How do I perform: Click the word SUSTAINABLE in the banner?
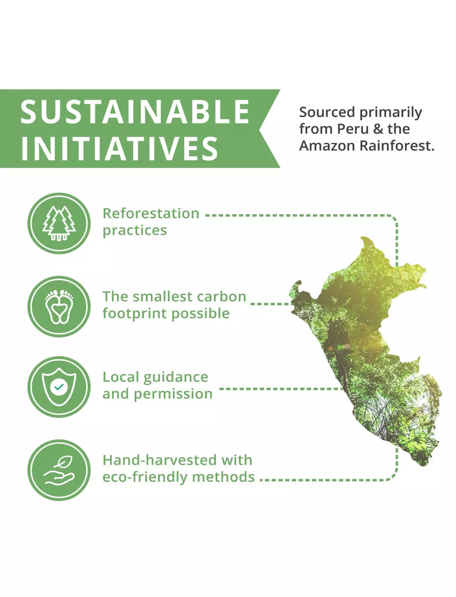point(135,112)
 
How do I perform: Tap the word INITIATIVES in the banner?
point(119,148)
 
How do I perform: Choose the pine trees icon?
point(59,223)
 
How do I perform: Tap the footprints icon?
point(59,307)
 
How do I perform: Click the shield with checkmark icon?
point(59,387)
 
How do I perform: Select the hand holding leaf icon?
point(59,470)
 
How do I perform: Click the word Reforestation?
point(151,213)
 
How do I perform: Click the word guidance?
point(176,377)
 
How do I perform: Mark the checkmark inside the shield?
point(59,387)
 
